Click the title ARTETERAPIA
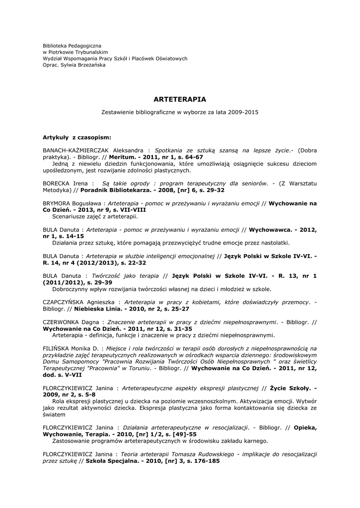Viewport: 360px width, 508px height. tap(180, 99)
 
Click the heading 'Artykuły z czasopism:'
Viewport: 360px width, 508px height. tap(77, 136)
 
